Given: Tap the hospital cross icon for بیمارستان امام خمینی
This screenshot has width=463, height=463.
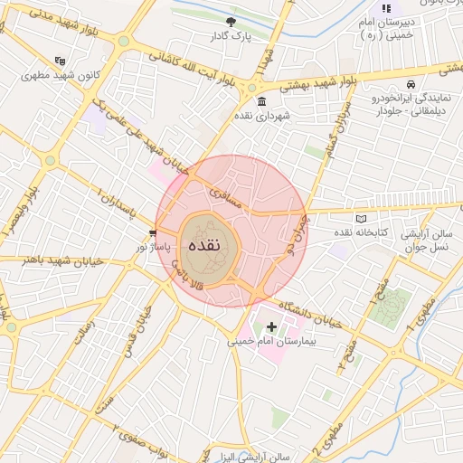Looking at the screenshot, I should pyautogui.click(x=271, y=326).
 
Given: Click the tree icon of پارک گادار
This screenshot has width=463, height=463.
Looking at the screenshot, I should pyautogui.click(x=231, y=21).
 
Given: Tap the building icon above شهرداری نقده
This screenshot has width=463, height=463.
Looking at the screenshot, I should pyautogui.click(x=261, y=100).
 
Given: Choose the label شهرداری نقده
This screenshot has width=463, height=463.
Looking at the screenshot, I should pyautogui.click(x=261, y=118).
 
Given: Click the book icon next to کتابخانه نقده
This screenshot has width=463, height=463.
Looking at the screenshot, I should pyautogui.click(x=362, y=219).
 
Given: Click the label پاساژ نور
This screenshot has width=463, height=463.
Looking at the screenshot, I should pyautogui.click(x=154, y=246).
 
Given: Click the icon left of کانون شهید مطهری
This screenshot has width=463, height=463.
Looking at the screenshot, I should pyautogui.click(x=61, y=61).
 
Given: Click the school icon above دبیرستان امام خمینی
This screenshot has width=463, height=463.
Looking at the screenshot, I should pyautogui.click(x=386, y=8).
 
